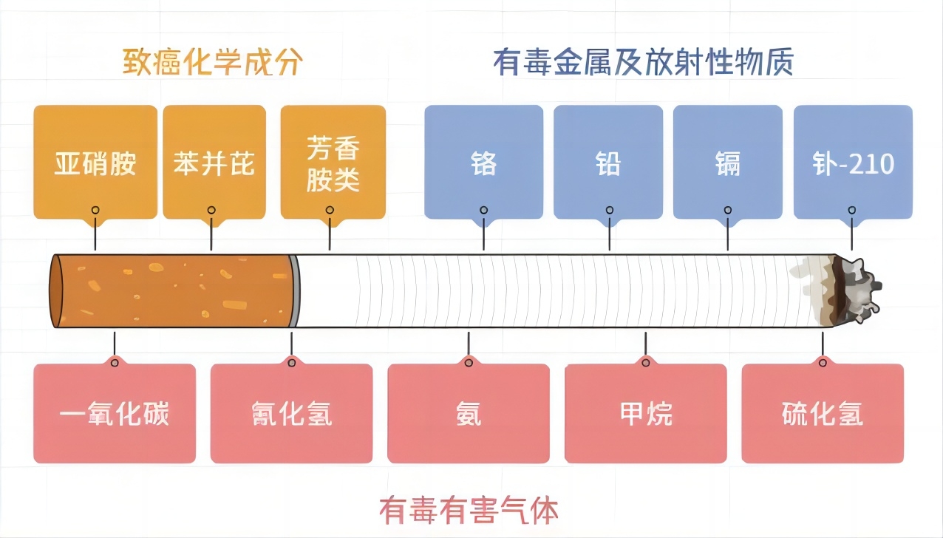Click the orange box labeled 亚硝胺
pyautogui.click(x=95, y=162)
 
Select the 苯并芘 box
pyautogui.click(x=213, y=162)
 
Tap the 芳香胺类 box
pyautogui.click(x=333, y=162)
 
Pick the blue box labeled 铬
pyautogui.click(x=483, y=162)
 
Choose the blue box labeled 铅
pyautogui.click(x=609, y=162)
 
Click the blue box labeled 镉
pyautogui.click(x=728, y=162)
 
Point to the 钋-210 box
pyautogui.click(x=853, y=162)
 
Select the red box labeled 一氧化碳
pyautogui.click(x=115, y=414)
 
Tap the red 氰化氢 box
pyautogui.click(x=291, y=414)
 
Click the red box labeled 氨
pyautogui.click(x=469, y=414)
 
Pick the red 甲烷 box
pyautogui.click(x=646, y=414)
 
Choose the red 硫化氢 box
pyautogui.click(x=823, y=414)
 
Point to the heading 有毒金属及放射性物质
pyautogui.click(x=643, y=63)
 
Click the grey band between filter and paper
pyautogui.click(x=295, y=290)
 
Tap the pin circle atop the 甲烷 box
pyautogui.click(x=646, y=362)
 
